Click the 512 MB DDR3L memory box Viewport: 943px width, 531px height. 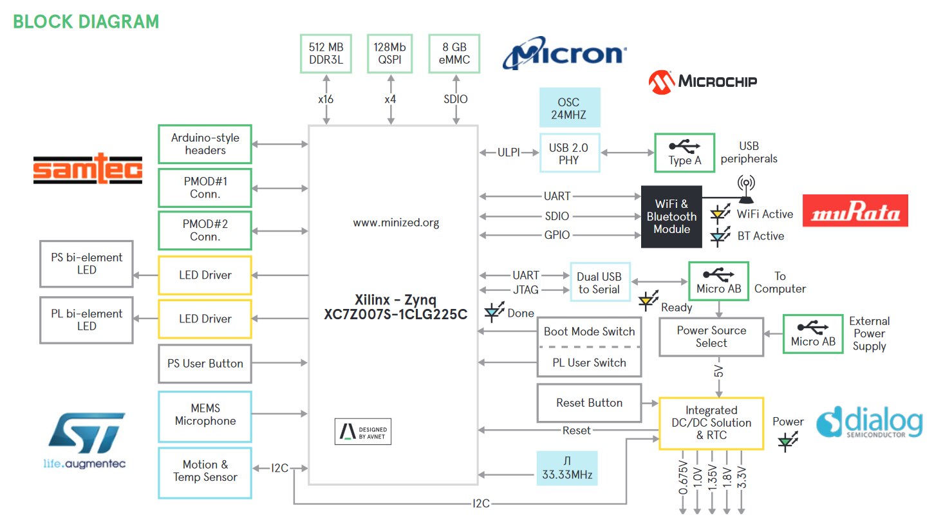pyautogui.click(x=326, y=53)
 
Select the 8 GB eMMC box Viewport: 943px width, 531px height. pyautogui.click(x=454, y=53)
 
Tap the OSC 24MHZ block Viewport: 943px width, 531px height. pyautogui.click(x=569, y=108)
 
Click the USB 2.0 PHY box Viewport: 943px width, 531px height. pyautogui.click(x=569, y=153)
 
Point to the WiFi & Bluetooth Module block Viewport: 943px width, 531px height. pyautogui.click(x=671, y=216)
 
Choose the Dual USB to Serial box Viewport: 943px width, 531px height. pyautogui.click(x=599, y=283)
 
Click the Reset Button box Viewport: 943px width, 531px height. pyautogui.click(x=589, y=403)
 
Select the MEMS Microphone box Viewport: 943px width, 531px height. pyautogui.click(x=205, y=415)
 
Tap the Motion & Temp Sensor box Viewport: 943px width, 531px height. pyautogui.click(x=205, y=471)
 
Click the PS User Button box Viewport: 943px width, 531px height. pyautogui.click(x=205, y=364)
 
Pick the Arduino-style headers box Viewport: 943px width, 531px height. pyautogui.click(x=205, y=144)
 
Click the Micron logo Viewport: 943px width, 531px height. pyautogui.click(x=564, y=54)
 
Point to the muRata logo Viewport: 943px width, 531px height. pyautogui.click(x=855, y=211)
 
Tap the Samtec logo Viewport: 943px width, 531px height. pyautogui.click(x=88, y=169)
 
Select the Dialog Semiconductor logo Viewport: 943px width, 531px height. pyautogui.click(x=869, y=423)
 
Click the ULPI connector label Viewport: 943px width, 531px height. pyautogui.click(x=509, y=153)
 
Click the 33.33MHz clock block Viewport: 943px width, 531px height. pyautogui.click(x=567, y=468)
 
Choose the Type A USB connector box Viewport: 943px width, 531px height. pyautogui.click(x=684, y=153)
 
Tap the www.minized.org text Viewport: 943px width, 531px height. pyautogui.click(x=396, y=223)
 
